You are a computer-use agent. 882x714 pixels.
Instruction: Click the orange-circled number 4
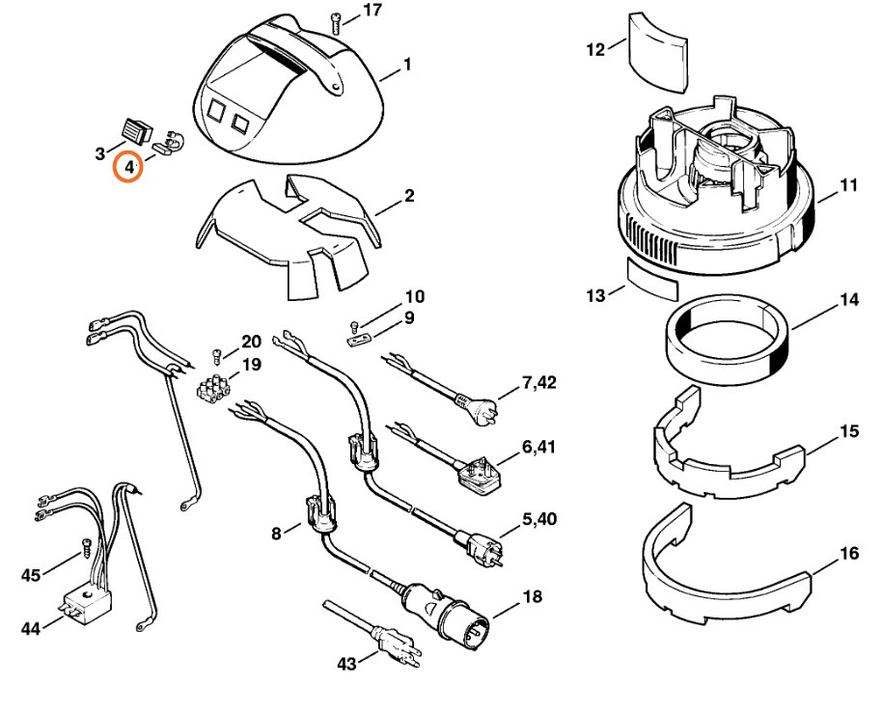tap(128, 168)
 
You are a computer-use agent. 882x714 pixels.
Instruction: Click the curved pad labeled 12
tap(655, 46)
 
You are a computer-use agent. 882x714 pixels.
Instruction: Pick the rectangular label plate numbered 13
tap(652, 280)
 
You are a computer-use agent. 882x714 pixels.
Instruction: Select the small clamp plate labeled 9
tap(357, 339)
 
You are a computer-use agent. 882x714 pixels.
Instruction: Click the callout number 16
tap(849, 553)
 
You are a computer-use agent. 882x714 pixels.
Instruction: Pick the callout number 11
tap(848, 184)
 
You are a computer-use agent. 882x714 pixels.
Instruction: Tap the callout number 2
tap(409, 197)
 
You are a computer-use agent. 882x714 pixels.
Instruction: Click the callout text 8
tap(277, 532)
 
